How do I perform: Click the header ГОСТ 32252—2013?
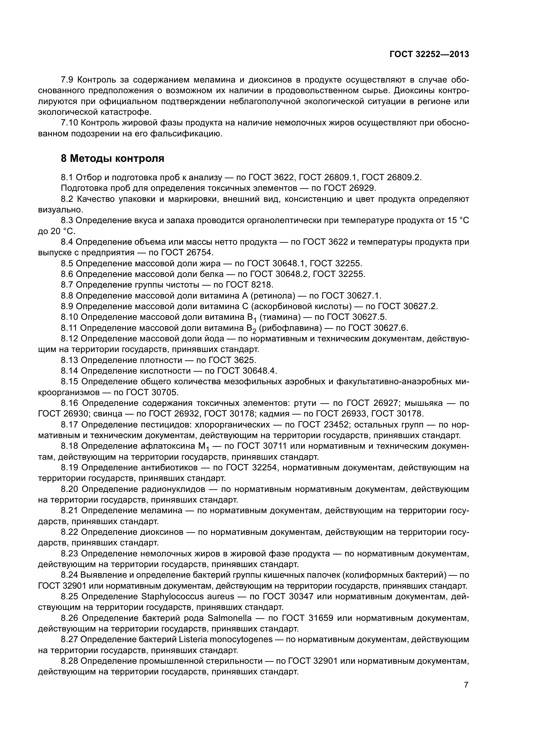(x=429, y=54)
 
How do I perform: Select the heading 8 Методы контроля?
(x=112, y=159)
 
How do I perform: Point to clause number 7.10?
(x=70, y=123)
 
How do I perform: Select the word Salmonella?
(x=230, y=618)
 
